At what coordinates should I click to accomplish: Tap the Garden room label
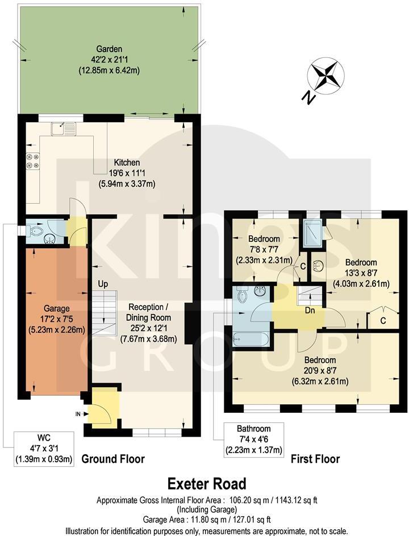(x=108, y=60)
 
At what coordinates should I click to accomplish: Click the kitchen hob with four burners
(x=31, y=161)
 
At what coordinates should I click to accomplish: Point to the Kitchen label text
(x=126, y=162)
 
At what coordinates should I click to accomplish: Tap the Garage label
(x=55, y=309)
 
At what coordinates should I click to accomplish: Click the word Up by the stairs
(x=103, y=283)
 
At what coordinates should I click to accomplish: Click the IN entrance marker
(x=78, y=413)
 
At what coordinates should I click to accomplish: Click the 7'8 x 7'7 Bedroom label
(x=264, y=249)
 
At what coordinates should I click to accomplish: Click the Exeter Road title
(x=207, y=484)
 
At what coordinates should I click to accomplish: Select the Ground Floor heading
(x=113, y=459)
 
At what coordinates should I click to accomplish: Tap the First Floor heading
(x=315, y=459)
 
